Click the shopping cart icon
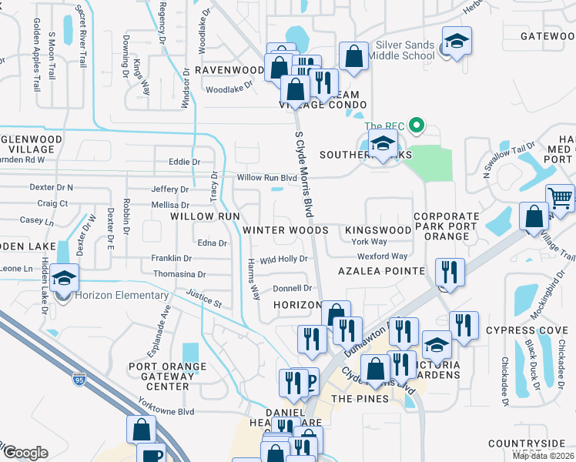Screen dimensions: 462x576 coord(560,198)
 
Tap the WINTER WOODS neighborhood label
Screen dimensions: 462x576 coord(286,230)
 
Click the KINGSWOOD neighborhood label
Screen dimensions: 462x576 coord(377,230)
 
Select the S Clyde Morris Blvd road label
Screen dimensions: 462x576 coord(305,172)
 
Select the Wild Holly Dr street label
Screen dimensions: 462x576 coord(284,259)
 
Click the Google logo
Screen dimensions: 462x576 coord(25,452)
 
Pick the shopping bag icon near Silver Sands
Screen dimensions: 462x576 coord(353,56)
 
